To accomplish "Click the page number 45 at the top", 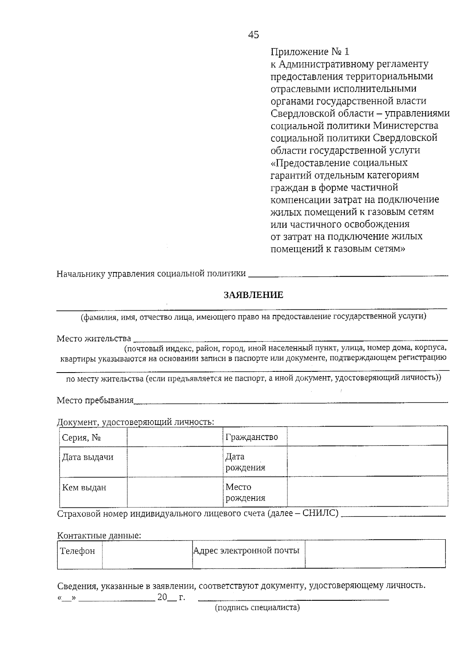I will pyautogui.click(x=253, y=35).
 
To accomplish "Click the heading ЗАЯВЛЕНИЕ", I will pyautogui.click(x=253, y=295).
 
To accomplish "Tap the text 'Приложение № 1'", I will pyautogui.click(x=310, y=52).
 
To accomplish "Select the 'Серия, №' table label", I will pyautogui.click(x=82, y=438).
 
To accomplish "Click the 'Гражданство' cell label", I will pyautogui.click(x=251, y=437).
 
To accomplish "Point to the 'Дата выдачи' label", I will pyautogui.click(x=88, y=457).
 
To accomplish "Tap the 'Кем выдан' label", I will pyautogui.click(x=84, y=488).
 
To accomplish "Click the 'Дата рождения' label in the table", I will pyautogui.click(x=245, y=462).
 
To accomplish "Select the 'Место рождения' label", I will pyautogui.click(x=245, y=492).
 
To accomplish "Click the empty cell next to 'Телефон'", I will pyautogui.click(x=147, y=554).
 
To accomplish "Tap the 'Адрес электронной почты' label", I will pyautogui.click(x=246, y=550).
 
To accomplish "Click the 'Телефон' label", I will pyautogui.click(x=78, y=551).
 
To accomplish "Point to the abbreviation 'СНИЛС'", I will pyautogui.click(x=320, y=514).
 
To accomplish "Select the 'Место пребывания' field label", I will pyautogui.click(x=95, y=401).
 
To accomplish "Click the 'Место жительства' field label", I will pyautogui.click(x=94, y=339).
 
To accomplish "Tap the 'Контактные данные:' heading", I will pyautogui.click(x=99, y=536).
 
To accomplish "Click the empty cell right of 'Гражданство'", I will pyautogui.click(x=367, y=436).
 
